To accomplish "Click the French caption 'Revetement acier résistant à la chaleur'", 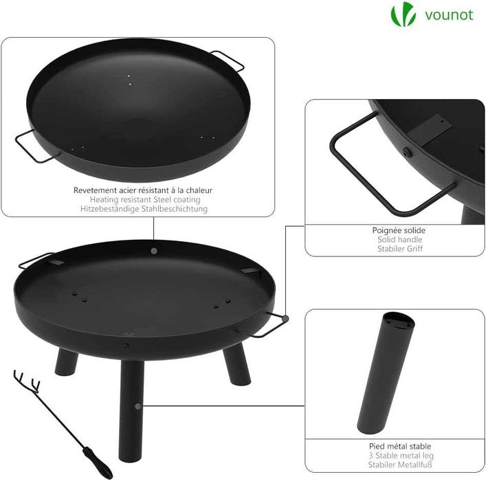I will pyautogui.click(x=142, y=189).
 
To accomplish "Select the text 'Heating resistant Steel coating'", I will pyautogui.click(x=142, y=199).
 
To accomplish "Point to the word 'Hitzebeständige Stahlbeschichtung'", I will pyautogui.click(x=142, y=208).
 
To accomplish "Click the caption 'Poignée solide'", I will pyautogui.click(x=399, y=230).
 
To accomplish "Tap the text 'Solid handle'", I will pyautogui.click(x=399, y=240).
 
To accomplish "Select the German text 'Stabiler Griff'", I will pyautogui.click(x=399, y=249).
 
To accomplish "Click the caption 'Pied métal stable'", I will pyautogui.click(x=399, y=446).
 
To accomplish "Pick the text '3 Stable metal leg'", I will pyautogui.click(x=399, y=456).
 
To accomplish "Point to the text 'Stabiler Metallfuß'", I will pyautogui.click(x=399, y=465).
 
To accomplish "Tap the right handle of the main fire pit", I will pyautogui.click(x=268, y=326).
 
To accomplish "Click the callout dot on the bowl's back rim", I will pyautogui.click(x=153, y=251).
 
